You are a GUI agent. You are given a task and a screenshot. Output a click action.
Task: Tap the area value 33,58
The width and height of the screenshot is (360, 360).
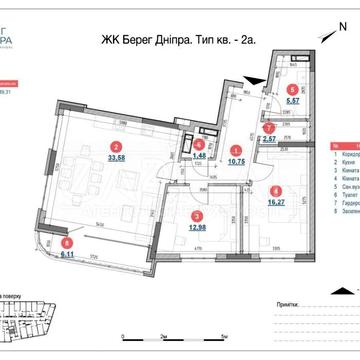pyautogui.click(x=115, y=157)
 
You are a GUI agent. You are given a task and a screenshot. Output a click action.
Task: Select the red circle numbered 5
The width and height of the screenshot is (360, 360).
pyautogui.click(x=290, y=89)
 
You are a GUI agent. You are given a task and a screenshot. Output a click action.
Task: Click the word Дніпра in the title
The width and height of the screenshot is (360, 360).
pyautogui.click(x=171, y=39)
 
